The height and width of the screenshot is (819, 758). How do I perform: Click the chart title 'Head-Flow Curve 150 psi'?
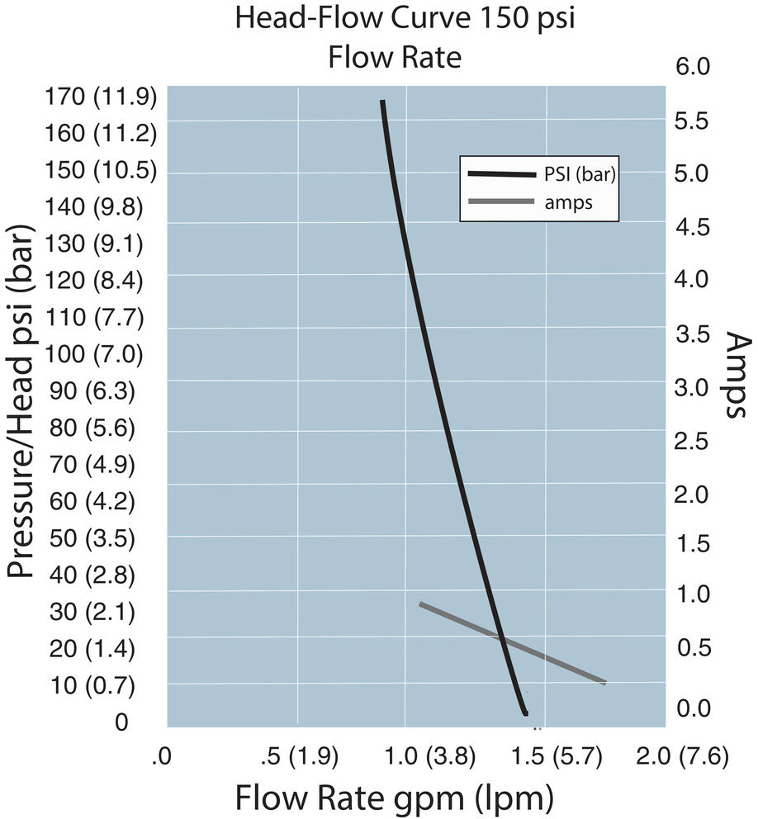pyautogui.click(x=405, y=18)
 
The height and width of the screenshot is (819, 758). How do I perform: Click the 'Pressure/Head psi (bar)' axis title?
pyautogui.click(x=22, y=408)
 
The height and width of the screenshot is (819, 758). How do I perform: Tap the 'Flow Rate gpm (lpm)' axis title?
pyautogui.click(x=394, y=798)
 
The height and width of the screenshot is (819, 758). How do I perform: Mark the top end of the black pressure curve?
pyautogui.click(x=382, y=102)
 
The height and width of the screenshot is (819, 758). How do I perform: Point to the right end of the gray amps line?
pyautogui.click(x=605, y=682)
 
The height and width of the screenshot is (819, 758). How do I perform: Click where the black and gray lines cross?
pyautogui.click(x=500, y=637)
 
